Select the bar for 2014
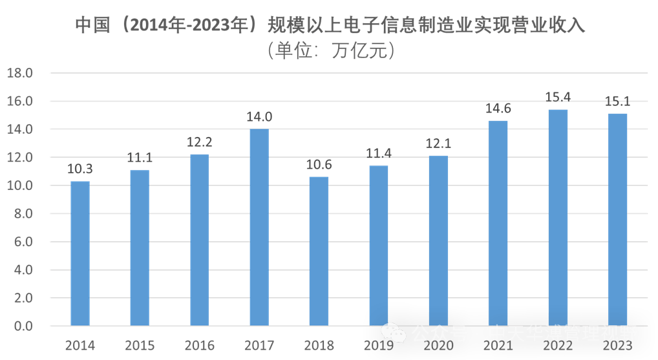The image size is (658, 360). [x=80, y=253]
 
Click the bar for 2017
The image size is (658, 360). [x=259, y=226]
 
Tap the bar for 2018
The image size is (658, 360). [x=319, y=250]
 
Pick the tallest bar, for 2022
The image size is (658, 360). [x=558, y=217]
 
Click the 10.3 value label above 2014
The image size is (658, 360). [x=80, y=169]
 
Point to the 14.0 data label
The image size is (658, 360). [x=259, y=117]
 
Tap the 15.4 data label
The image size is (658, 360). [x=558, y=98]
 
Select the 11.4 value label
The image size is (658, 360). [x=379, y=154]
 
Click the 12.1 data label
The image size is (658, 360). [x=438, y=143]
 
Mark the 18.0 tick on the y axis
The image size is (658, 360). [x=19, y=73]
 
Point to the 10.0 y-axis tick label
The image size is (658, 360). [x=19, y=185]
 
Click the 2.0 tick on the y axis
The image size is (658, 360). [x=21, y=298]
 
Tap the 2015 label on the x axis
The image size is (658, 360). [x=140, y=346]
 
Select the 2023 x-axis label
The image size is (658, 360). [x=617, y=346]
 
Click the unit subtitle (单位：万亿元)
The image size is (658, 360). [x=330, y=50]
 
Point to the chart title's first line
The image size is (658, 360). [x=330, y=25]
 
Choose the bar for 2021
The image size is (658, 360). [x=498, y=222]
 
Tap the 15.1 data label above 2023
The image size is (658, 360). [x=617, y=101]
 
